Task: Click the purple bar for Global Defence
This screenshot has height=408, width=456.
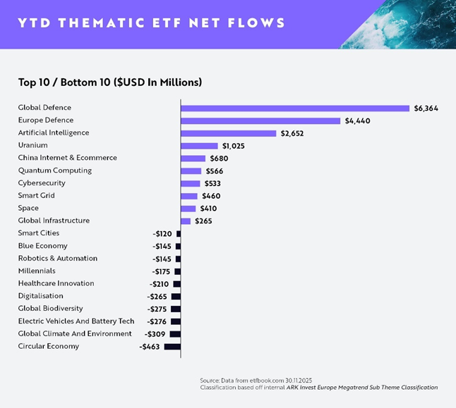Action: (295, 108)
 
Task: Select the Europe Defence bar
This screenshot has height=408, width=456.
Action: (260, 120)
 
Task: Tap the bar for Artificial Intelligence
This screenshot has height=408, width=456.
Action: (228, 133)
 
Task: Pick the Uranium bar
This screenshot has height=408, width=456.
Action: (199, 146)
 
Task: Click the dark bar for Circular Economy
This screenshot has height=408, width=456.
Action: (172, 347)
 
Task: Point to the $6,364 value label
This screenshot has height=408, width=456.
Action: (426, 108)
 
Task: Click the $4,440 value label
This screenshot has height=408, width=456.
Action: (357, 120)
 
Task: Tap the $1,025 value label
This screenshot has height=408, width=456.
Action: (234, 146)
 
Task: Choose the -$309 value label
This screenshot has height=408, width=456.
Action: (155, 334)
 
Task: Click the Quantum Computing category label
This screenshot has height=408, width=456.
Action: (55, 171)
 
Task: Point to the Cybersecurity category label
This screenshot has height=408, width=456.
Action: (42, 183)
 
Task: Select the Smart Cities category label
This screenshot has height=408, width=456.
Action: (39, 233)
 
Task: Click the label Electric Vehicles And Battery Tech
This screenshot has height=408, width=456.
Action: (76, 321)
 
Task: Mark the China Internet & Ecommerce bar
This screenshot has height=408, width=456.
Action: (193, 159)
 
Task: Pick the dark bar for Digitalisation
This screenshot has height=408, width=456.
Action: (176, 296)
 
